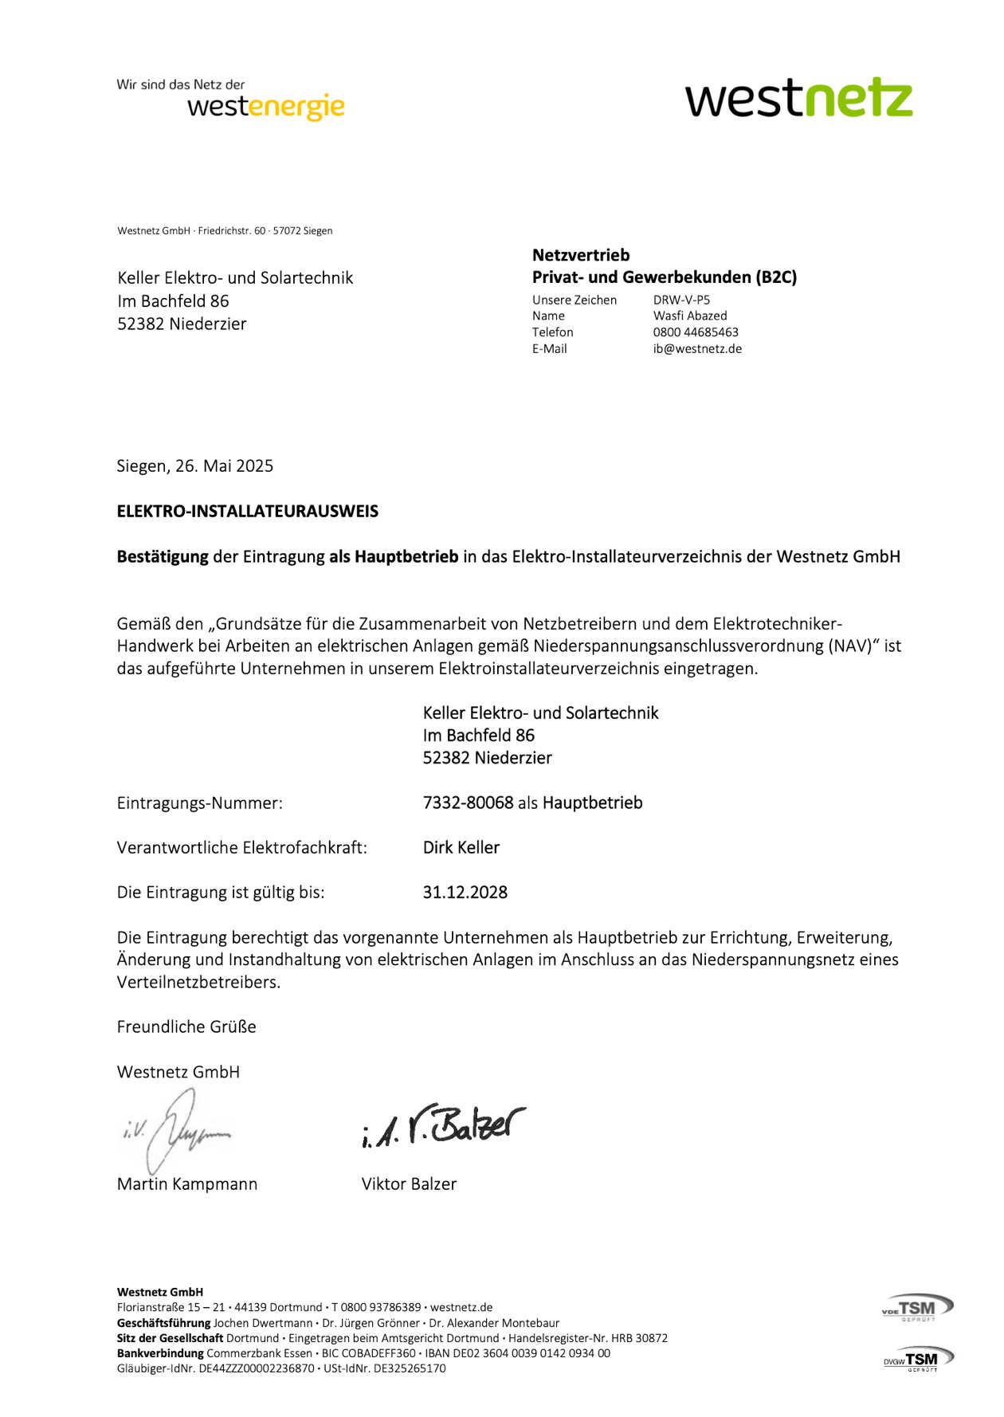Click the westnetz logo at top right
798,98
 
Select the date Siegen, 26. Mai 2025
194,466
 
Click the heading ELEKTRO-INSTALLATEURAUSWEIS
247,512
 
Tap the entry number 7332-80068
468,803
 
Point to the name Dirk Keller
461,848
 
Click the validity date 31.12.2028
465,893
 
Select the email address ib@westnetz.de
697,349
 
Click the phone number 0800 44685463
696,332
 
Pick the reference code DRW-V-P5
681,300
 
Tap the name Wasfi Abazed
690,316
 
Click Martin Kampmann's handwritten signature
178,1129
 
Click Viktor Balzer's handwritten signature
443,1125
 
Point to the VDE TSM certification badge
918,1308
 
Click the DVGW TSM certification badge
918,1359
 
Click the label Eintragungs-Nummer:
199,803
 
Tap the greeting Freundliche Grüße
186,1027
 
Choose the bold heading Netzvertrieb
581,256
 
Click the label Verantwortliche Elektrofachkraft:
241,848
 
